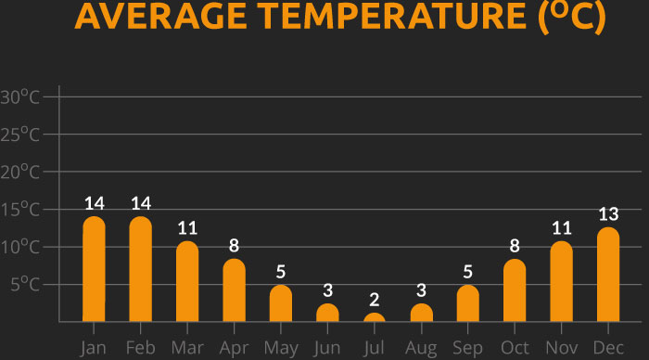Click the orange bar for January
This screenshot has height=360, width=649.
coord(94,269)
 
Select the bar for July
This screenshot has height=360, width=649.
coord(375,317)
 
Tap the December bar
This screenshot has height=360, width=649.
coord(608,275)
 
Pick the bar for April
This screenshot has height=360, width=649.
coord(235,290)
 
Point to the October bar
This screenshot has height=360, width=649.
coord(515,290)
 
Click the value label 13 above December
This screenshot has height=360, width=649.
coord(608,214)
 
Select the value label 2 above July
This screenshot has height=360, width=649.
coord(375,300)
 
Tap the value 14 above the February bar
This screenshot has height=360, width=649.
coord(141,203)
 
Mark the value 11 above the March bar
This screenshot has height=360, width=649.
coord(187,228)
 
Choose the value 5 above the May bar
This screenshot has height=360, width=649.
coord(281,272)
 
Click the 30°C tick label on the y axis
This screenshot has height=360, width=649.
coord(20,97)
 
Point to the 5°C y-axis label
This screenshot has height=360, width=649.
coord(25,284)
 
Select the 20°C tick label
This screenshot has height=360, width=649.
coord(20,172)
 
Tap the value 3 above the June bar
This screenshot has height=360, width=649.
coord(327,289)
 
